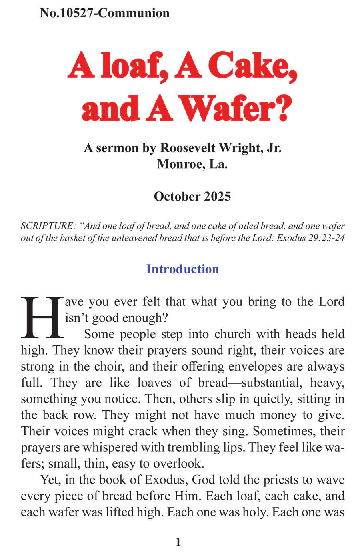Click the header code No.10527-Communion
click(x=105, y=13)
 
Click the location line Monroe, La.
click(x=192, y=164)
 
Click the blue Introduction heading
click(x=182, y=269)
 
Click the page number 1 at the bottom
click(x=178, y=542)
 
